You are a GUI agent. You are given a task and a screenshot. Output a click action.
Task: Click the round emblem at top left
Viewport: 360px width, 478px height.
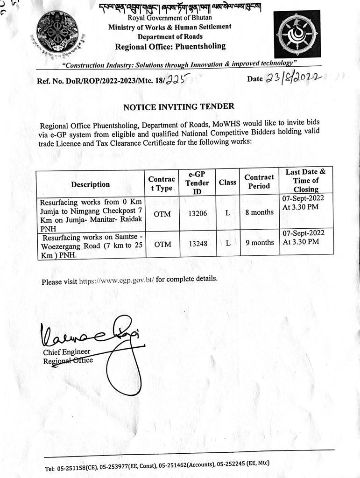click(57, 32)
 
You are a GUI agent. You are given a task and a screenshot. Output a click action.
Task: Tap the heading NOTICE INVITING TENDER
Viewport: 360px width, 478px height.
click(179, 107)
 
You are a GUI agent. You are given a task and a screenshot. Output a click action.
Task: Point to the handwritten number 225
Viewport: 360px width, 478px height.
click(176, 80)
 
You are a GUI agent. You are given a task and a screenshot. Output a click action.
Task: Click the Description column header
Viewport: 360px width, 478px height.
click(91, 184)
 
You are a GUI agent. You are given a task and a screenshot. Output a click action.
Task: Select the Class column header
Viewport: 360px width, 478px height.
click(227, 182)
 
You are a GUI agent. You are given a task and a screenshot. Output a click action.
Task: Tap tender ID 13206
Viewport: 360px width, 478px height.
click(198, 213)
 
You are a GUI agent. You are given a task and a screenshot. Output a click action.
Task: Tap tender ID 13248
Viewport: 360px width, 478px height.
click(198, 243)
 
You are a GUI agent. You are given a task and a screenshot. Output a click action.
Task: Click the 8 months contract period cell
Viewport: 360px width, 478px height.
click(259, 212)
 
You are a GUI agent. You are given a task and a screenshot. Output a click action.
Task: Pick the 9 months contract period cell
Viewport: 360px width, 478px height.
click(259, 243)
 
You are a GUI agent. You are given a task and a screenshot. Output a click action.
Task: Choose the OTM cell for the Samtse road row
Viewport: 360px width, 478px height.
click(162, 244)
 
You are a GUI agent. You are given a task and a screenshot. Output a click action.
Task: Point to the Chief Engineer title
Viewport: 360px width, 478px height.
click(67, 352)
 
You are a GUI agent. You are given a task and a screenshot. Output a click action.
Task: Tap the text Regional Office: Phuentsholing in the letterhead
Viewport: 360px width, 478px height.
click(170, 46)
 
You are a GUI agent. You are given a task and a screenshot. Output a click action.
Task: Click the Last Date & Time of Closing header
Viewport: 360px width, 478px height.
click(306, 181)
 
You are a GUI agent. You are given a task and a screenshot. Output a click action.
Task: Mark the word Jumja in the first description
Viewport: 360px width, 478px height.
click(50, 211)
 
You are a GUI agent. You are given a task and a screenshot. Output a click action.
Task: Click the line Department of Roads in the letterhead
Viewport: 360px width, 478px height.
click(170, 36)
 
